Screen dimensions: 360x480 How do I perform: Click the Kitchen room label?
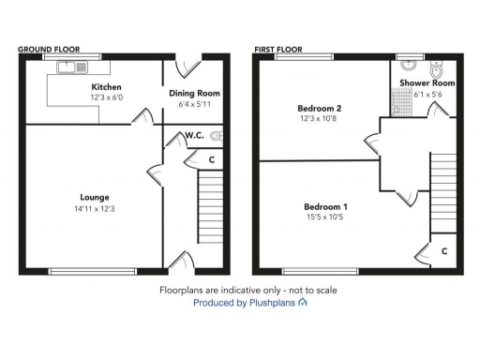[x=105, y=86]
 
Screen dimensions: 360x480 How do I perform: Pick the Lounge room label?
[x=95, y=198]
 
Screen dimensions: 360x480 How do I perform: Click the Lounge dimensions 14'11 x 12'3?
[x=95, y=208]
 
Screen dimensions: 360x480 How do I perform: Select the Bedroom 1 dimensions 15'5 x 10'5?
[x=325, y=217]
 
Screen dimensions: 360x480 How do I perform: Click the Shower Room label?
[x=427, y=83]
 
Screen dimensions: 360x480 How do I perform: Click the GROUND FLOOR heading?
[x=49, y=48]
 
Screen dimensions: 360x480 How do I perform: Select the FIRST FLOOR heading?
[x=280, y=48]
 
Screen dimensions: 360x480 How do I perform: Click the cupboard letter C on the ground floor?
[x=212, y=160]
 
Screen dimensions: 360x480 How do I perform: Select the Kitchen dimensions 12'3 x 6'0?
[x=105, y=97]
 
